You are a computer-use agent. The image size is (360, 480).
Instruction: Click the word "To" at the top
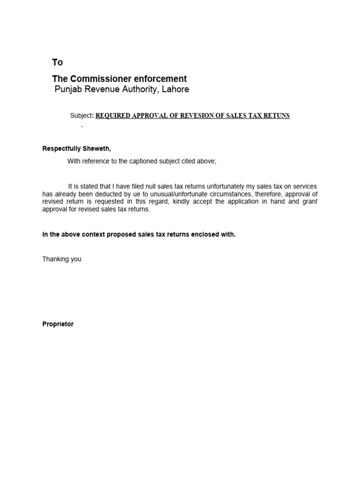click(x=57, y=62)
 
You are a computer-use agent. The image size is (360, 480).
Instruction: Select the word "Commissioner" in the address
click(x=98, y=79)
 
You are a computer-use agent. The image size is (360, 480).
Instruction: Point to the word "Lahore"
click(x=175, y=89)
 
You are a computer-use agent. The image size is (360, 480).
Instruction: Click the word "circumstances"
click(x=232, y=194)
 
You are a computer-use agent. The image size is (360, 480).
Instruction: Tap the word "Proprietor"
click(x=58, y=324)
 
